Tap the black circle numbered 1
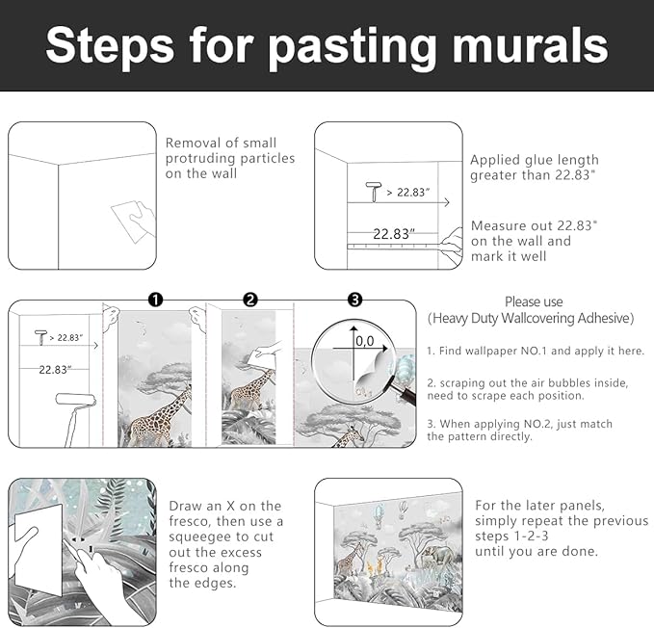[x=156, y=300]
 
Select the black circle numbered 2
[x=250, y=300]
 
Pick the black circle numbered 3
[x=354, y=300]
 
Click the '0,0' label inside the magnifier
[x=365, y=341]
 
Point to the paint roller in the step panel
[x=75, y=417]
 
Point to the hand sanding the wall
[x=143, y=218]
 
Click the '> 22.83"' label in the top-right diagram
[x=408, y=193]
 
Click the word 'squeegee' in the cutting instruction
[x=198, y=537]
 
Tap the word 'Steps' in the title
[x=110, y=46]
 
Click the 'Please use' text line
[x=534, y=301]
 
